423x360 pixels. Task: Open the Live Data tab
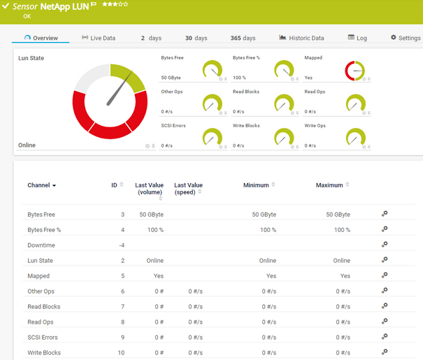point(99,38)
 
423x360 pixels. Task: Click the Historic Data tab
point(301,38)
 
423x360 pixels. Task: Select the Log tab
point(357,38)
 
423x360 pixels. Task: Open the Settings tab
point(406,38)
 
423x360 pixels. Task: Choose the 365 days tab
point(243,38)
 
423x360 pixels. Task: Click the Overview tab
point(41,38)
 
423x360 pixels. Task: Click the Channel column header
point(41,185)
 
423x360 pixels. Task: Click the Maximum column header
point(329,185)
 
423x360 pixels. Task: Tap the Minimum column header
point(256,185)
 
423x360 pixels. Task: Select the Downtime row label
point(41,245)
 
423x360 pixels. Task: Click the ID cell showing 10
point(121,353)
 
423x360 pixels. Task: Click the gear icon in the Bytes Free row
point(384,214)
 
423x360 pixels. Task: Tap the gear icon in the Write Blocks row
point(384,352)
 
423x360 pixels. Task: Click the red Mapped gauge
point(355,71)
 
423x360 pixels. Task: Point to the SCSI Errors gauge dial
point(212,137)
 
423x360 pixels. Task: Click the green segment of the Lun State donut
point(129,77)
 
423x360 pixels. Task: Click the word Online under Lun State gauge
point(27,145)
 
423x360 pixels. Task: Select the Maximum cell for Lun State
point(341,261)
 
